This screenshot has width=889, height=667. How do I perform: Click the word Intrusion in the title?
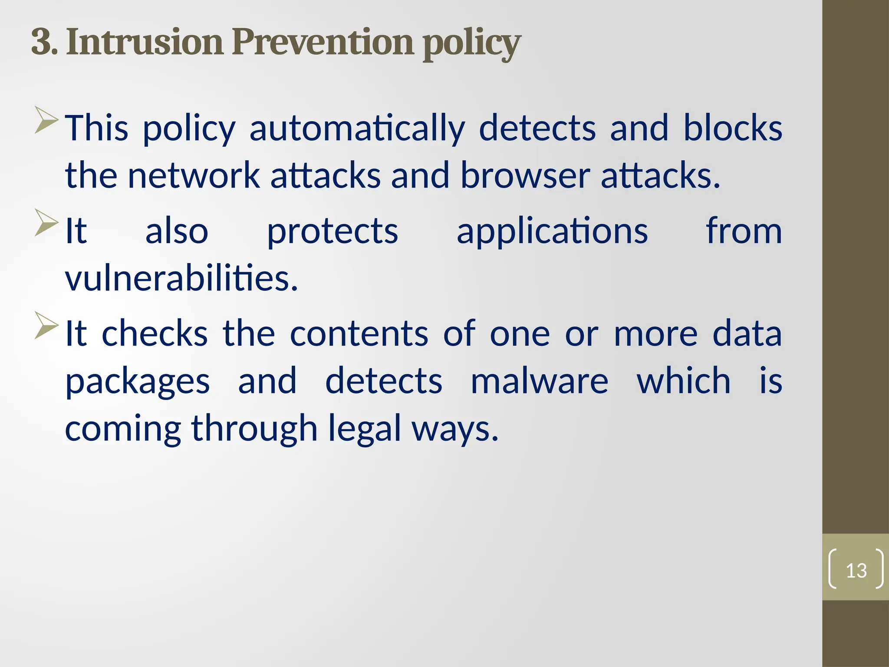click(145, 42)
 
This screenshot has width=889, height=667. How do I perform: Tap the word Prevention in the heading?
click(323, 42)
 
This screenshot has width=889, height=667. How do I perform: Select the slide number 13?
click(856, 571)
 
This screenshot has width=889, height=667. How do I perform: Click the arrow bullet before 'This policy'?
click(46, 119)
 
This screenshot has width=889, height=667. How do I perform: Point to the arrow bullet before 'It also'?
click(46, 222)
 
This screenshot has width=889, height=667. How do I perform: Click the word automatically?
click(357, 128)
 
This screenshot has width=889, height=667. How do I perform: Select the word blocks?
click(733, 128)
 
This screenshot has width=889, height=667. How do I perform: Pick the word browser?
click(525, 176)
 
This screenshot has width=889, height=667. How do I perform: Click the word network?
click(194, 176)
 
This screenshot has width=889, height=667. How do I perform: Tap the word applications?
click(552, 231)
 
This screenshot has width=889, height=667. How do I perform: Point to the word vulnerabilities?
click(181, 278)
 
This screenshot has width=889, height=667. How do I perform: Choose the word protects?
click(332, 231)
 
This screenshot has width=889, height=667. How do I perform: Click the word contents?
click(359, 333)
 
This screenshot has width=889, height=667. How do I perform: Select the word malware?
click(539, 381)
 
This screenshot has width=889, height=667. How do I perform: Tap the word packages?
click(138, 382)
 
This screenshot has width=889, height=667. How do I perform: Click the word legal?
click(364, 429)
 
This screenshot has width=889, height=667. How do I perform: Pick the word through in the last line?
click(254, 429)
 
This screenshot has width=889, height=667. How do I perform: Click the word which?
click(684, 381)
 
